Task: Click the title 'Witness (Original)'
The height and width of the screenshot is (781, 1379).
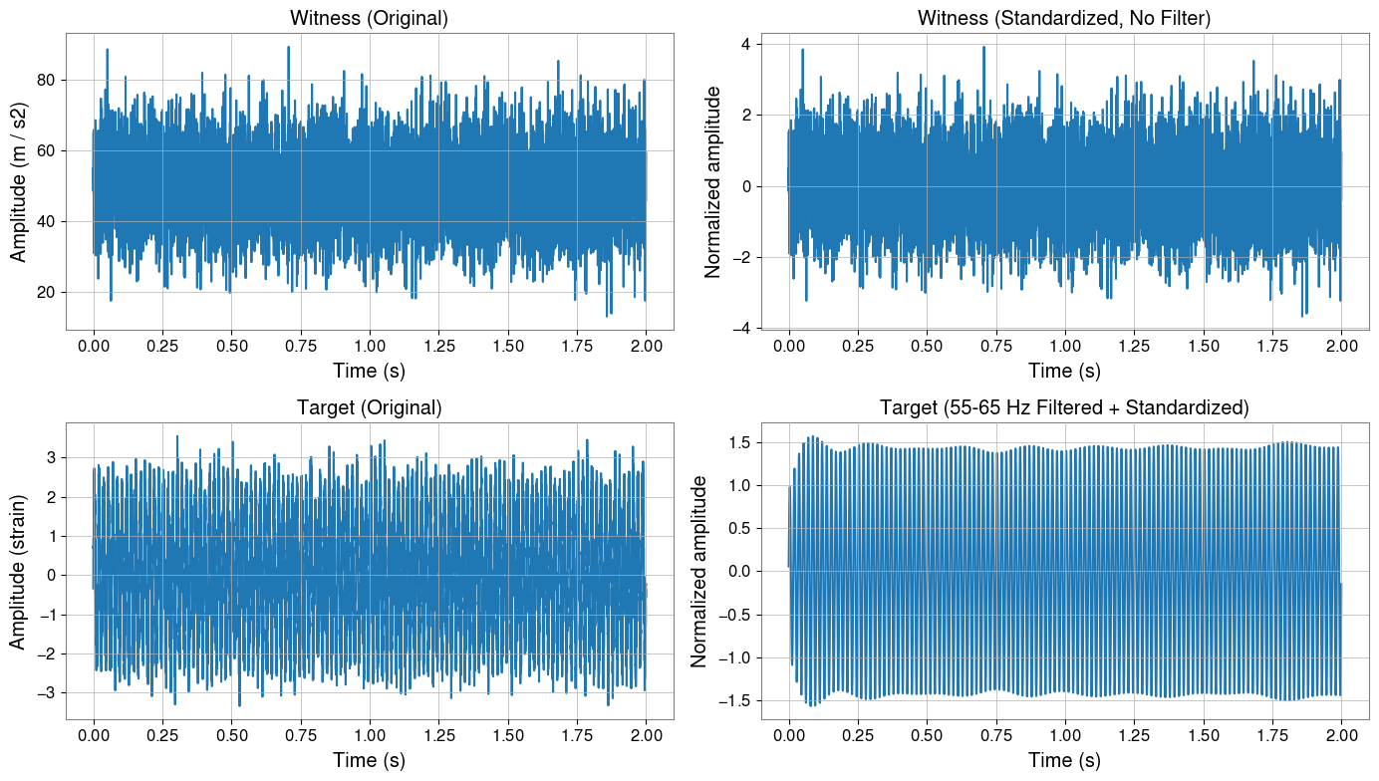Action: click(370, 18)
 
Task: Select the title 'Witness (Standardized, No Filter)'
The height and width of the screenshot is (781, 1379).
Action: click(1064, 18)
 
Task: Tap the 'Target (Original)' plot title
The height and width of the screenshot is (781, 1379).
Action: click(370, 407)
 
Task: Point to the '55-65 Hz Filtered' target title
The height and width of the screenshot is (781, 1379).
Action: click(1064, 407)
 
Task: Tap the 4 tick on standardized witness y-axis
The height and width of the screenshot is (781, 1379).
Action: click(744, 44)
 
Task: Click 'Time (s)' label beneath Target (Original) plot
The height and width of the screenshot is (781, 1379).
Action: click(370, 761)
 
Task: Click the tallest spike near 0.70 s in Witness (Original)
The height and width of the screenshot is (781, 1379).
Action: click(288, 47)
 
